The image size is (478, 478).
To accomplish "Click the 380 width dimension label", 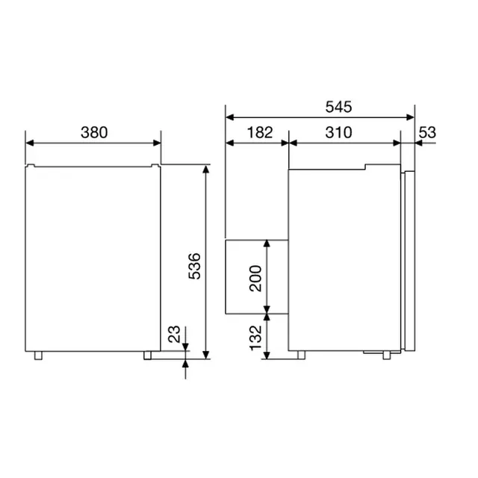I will coord(94,132).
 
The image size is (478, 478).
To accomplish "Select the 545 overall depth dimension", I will coord(338,107).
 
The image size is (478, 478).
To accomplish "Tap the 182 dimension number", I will coord(258,132).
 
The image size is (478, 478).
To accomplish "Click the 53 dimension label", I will coord(427,132).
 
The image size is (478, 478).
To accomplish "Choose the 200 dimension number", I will coord(254,278).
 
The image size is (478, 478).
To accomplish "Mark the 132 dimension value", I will coord(254,338).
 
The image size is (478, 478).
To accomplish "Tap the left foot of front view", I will coord(37,355).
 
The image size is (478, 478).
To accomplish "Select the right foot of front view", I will coord(149,355).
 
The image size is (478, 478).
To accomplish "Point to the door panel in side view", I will coord(408,261).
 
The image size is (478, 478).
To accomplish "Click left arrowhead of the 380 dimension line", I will coord(29,142).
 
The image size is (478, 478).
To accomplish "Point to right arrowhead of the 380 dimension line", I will coord(158,142).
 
